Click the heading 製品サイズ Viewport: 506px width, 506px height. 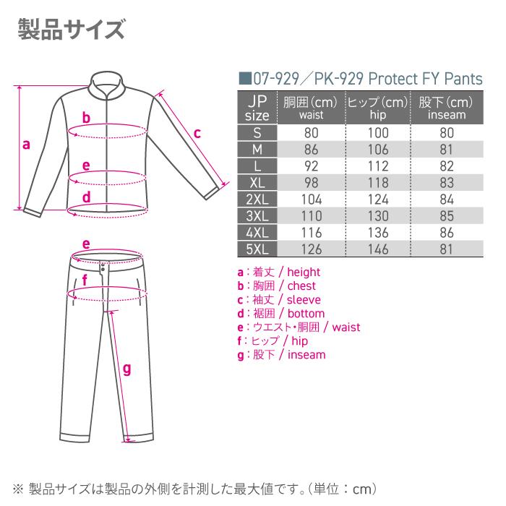tap(71, 30)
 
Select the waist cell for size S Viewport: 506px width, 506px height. tap(311, 133)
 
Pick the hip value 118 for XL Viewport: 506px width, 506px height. tap(377, 183)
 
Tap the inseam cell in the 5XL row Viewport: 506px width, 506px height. tap(446, 249)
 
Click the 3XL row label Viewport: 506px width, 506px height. tap(257, 216)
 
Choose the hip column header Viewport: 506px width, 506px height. tap(377, 108)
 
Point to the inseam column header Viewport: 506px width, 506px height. tap(446, 108)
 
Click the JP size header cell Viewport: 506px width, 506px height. tap(257, 108)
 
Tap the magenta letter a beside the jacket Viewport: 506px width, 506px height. tap(26, 145)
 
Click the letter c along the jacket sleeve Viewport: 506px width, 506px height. tap(197, 133)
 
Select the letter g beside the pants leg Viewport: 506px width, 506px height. tap(126, 369)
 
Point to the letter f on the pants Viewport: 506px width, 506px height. tap(85, 279)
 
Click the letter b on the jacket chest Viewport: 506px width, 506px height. tap(85, 119)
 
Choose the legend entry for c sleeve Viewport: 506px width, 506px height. tap(278, 300)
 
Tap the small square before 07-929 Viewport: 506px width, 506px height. tap(244, 79)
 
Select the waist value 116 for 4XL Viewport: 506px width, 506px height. tap(311, 233)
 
